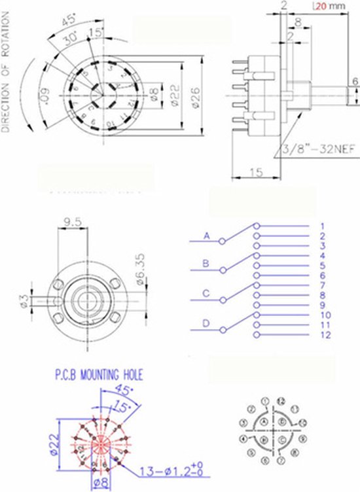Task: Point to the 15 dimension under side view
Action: tap(257, 171)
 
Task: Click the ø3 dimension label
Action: tap(24, 301)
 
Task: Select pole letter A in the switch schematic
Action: tap(207, 236)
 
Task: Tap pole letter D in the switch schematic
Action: tap(207, 323)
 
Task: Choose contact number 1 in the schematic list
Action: tap(323, 226)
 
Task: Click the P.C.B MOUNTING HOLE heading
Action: tap(98, 376)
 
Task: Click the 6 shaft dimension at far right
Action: tap(355, 81)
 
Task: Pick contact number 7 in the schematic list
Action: tap(323, 286)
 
